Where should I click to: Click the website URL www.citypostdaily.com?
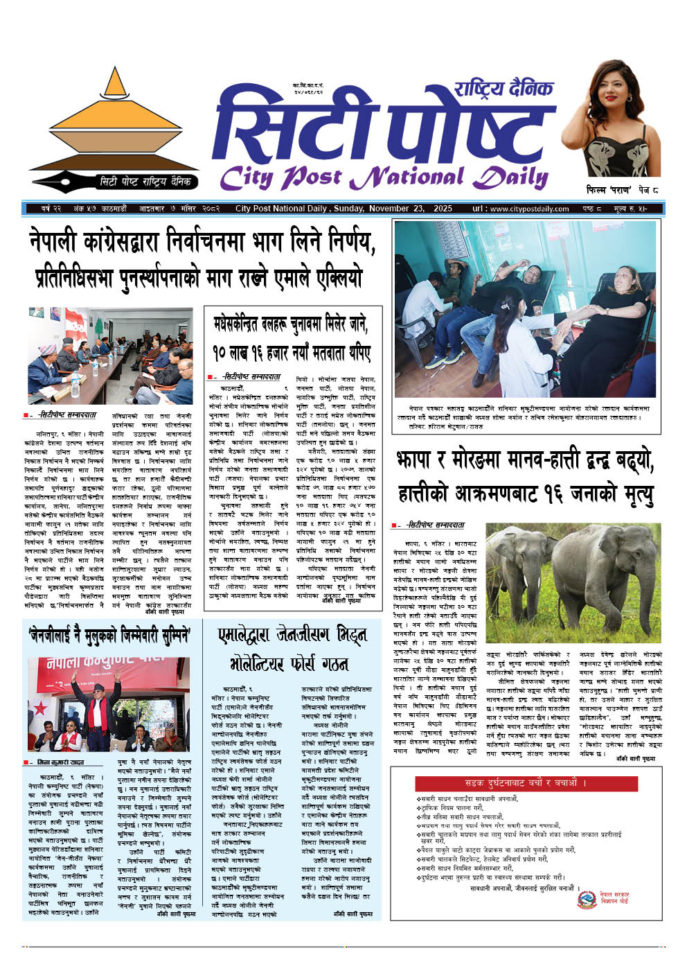point(520,209)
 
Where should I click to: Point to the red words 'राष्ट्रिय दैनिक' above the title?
point(503,89)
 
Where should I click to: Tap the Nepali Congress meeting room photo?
point(111,356)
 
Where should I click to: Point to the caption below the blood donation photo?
point(526,413)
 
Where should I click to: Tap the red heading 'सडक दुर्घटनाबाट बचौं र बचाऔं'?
point(526,783)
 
